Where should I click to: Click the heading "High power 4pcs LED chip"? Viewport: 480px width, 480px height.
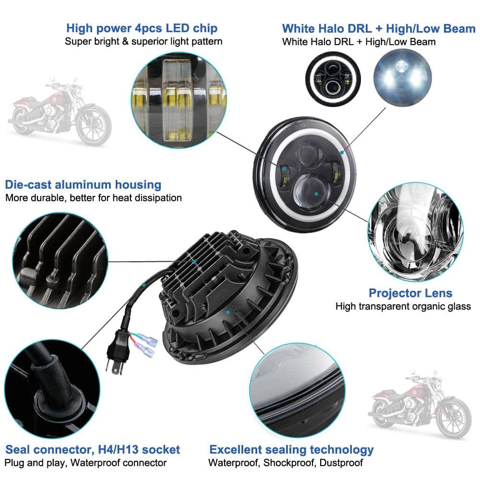point(142,28)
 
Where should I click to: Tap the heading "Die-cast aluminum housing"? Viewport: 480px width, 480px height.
point(83,185)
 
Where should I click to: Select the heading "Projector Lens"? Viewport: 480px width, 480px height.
point(410,293)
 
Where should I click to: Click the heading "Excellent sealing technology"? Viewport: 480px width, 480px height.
point(291,450)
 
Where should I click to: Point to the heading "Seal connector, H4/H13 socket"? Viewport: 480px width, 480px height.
point(93,449)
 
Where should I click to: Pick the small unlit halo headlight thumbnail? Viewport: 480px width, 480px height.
point(333,79)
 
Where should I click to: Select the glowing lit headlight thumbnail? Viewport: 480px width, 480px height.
point(403,78)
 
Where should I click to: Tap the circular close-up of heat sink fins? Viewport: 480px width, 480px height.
point(60,261)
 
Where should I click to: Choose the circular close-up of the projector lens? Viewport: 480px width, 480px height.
point(415,231)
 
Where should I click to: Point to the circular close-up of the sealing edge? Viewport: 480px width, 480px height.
point(297,390)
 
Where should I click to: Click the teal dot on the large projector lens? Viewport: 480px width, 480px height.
point(316,194)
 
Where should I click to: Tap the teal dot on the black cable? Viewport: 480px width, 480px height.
point(143,285)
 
